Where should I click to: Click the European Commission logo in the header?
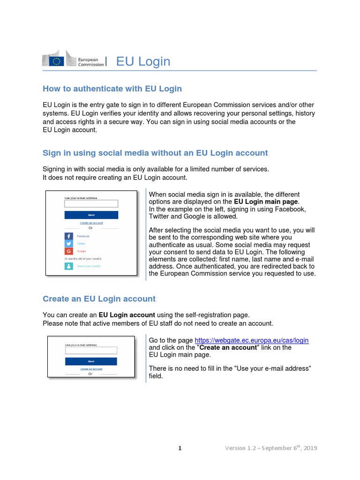73,61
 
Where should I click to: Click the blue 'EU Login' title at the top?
143,61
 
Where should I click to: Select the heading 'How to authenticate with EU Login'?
112,89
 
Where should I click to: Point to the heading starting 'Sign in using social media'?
155,153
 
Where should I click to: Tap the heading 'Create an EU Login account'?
99,299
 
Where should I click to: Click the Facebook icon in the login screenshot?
68,236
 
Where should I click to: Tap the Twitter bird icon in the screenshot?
68,244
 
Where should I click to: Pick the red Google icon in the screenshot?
68,251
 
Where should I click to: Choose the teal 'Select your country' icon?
68,266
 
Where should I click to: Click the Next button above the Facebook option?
91,215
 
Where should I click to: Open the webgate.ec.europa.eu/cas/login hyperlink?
251,340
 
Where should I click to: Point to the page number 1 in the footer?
180,448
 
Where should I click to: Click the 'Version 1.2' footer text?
271,448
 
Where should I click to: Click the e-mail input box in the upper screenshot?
91,204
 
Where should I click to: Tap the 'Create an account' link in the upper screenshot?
91,223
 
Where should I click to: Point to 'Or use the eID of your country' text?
83,259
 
